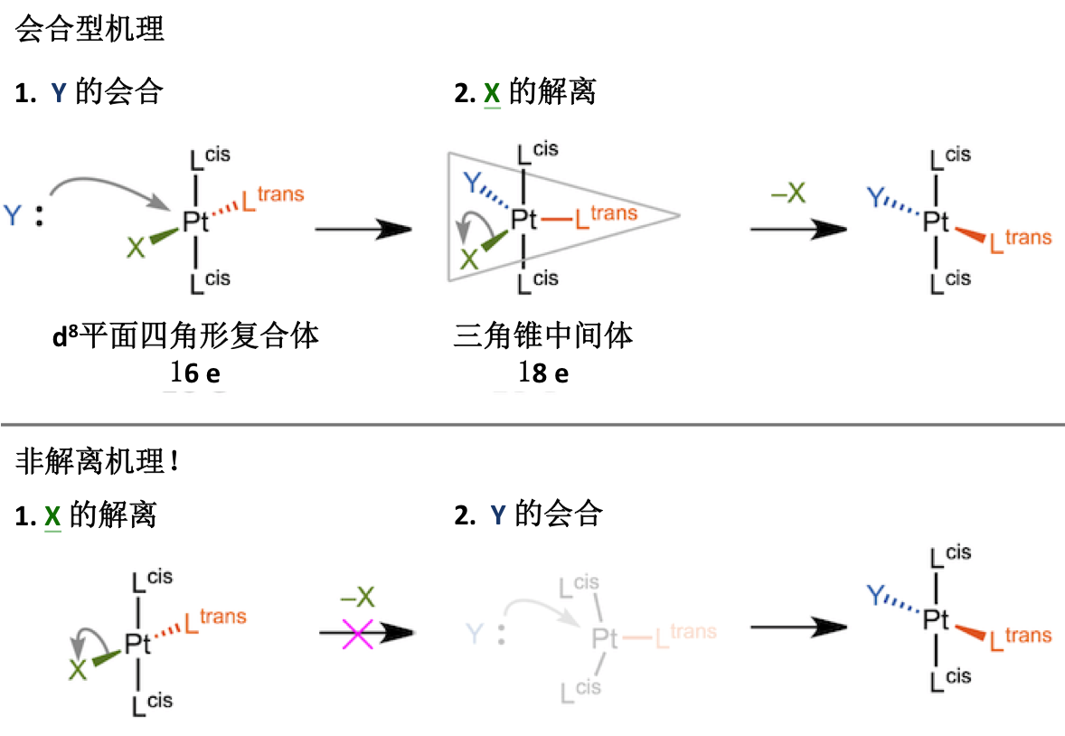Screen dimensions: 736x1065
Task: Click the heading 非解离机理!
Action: point(98,462)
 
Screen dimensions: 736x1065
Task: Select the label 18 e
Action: point(543,373)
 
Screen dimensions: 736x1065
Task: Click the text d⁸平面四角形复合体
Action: point(186,336)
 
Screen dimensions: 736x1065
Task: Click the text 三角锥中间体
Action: point(542,336)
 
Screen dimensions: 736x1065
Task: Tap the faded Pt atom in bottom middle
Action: point(605,639)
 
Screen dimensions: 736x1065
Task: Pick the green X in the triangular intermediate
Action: point(469,260)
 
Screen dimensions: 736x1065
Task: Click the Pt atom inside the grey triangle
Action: point(524,218)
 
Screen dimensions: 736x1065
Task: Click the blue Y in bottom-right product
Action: point(875,594)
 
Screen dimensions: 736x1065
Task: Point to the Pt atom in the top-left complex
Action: point(195,222)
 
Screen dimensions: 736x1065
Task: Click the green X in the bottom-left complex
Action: point(79,670)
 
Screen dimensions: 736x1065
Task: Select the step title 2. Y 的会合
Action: point(528,515)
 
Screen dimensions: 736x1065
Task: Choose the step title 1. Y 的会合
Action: point(89,92)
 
